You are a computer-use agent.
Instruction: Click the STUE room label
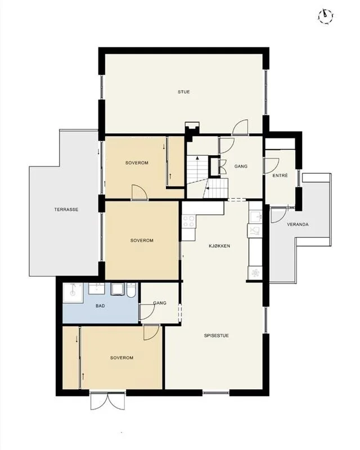[183, 92]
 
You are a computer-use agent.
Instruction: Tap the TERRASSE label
[66, 209]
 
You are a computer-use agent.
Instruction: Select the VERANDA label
[298, 224]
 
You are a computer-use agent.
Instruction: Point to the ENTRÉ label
[280, 175]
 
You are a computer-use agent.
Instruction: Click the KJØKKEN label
[219, 246]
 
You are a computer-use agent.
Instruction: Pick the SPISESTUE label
[217, 335]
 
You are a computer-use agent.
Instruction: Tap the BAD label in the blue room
[100, 306]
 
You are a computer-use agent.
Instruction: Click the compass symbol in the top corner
[326, 16]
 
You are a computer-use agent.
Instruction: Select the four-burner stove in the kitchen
[188, 221]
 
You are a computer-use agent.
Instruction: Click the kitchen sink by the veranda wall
[255, 217]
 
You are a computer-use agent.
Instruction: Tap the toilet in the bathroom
[131, 289]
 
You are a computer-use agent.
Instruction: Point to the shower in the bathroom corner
[73, 292]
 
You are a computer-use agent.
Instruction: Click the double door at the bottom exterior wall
[108, 401]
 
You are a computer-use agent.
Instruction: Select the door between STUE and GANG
[240, 127]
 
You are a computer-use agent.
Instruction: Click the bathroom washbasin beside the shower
[96, 289]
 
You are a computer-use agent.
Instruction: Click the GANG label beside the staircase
[241, 166]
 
